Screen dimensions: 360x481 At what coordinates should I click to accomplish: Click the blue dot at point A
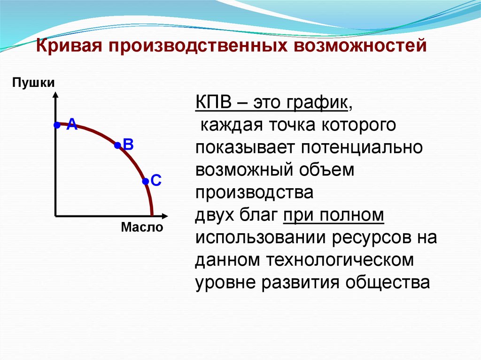click(x=56, y=125)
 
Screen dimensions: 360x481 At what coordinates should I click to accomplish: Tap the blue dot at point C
click(x=145, y=181)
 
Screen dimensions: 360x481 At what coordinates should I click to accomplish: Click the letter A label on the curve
click(x=71, y=124)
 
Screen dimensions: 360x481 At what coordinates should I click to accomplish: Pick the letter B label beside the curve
click(x=129, y=145)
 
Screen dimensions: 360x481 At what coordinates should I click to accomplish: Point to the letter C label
click(x=156, y=180)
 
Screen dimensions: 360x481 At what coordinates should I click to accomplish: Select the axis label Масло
click(x=142, y=228)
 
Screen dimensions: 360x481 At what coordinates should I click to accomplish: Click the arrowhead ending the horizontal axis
click(x=164, y=216)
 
